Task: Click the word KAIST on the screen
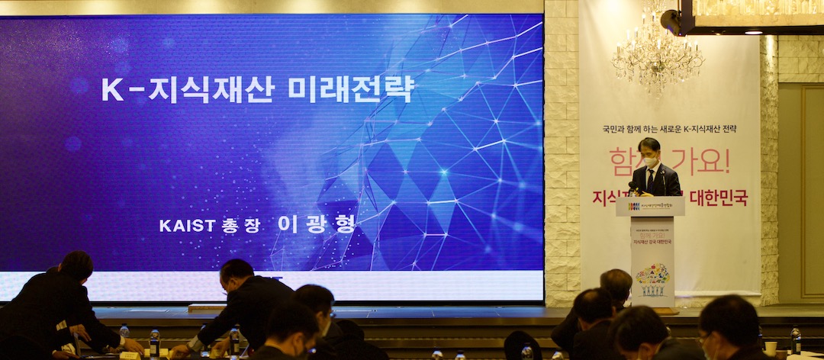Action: pyautogui.click(x=187, y=225)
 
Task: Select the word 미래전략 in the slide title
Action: pyautogui.click(x=350, y=88)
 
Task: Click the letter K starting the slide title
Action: pyautogui.click(x=112, y=89)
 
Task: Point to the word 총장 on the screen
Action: pyautogui.click(x=241, y=225)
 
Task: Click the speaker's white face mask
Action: pyautogui.click(x=650, y=161)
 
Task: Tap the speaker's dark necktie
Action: pyautogui.click(x=650, y=180)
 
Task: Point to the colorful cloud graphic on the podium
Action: pyautogui.click(x=652, y=274)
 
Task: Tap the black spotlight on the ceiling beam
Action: pyautogui.click(x=672, y=21)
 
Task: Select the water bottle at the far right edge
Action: pyautogui.click(x=796, y=339)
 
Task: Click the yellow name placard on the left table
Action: pyautogui.click(x=130, y=355)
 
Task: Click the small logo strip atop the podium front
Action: pyautogui.click(x=650, y=206)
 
